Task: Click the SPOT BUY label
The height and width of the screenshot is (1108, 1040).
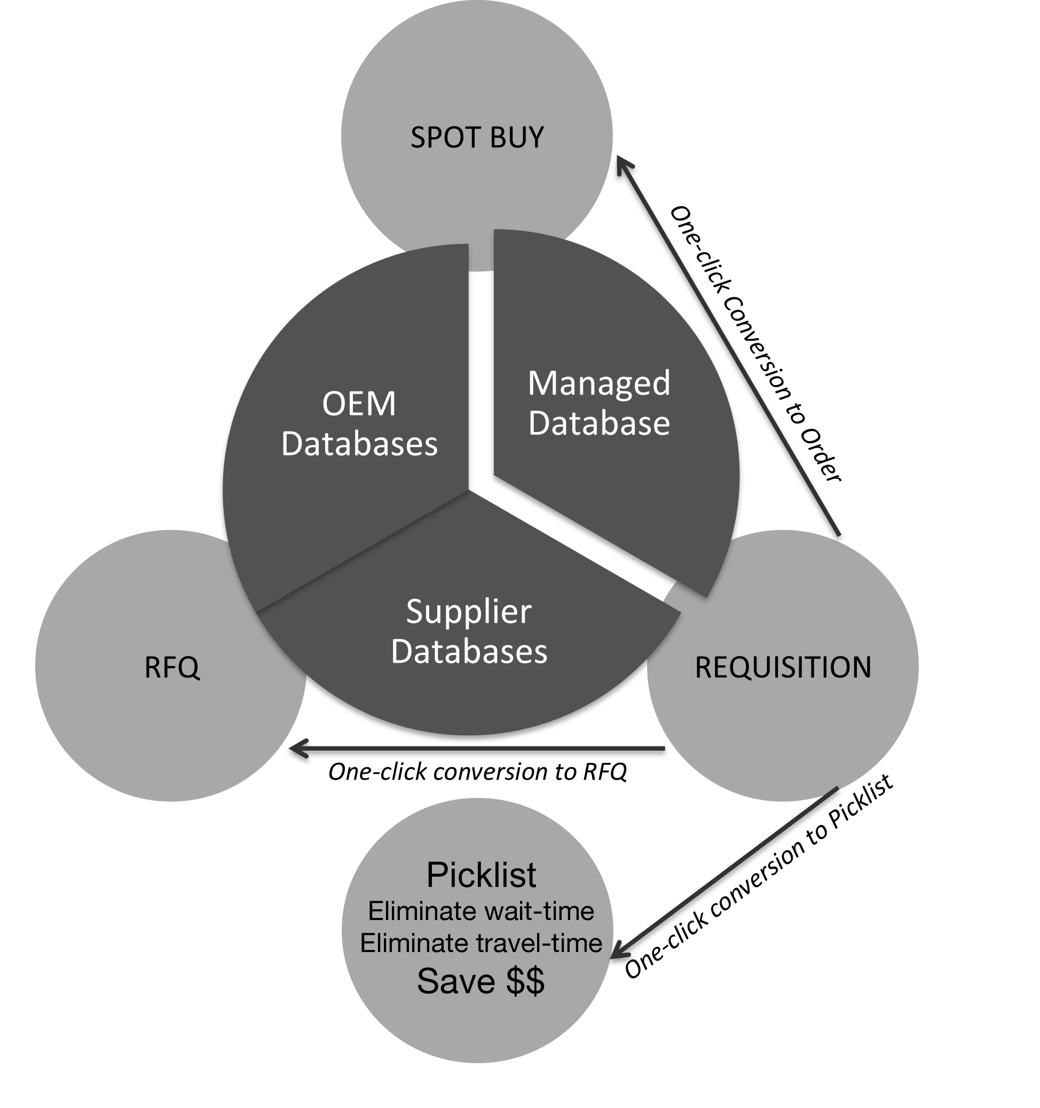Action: pyautogui.click(x=477, y=137)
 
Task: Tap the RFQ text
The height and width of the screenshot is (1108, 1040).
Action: pyautogui.click(x=172, y=667)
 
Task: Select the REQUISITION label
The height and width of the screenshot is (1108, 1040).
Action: pyautogui.click(x=783, y=667)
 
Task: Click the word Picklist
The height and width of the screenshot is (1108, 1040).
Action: pyautogui.click(x=481, y=875)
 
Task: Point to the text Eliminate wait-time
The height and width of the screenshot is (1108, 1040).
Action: pyautogui.click(x=481, y=911)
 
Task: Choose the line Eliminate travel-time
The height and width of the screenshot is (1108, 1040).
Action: pyautogui.click(x=481, y=943)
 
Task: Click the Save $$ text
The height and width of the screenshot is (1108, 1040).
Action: pyautogui.click(x=480, y=980)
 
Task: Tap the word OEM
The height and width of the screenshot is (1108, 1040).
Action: pyautogui.click(x=359, y=404)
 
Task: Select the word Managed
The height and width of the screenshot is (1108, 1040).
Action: pyautogui.click(x=599, y=384)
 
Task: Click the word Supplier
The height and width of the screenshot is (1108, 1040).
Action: pyautogui.click(x=469, y=612)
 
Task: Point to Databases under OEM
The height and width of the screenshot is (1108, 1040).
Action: pyautogui.click(x=359, y=444)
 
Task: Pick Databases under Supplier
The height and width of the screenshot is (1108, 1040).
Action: pyautogui.click(x=469, y=651)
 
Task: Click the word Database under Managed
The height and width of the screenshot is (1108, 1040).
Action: pyautogui.click(x=599, y=423)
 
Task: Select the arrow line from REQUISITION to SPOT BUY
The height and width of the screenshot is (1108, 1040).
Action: pyautogui.click(x=730, y=348)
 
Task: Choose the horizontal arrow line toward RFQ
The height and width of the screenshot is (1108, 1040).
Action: pyautogui.click(x=479, y=748)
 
